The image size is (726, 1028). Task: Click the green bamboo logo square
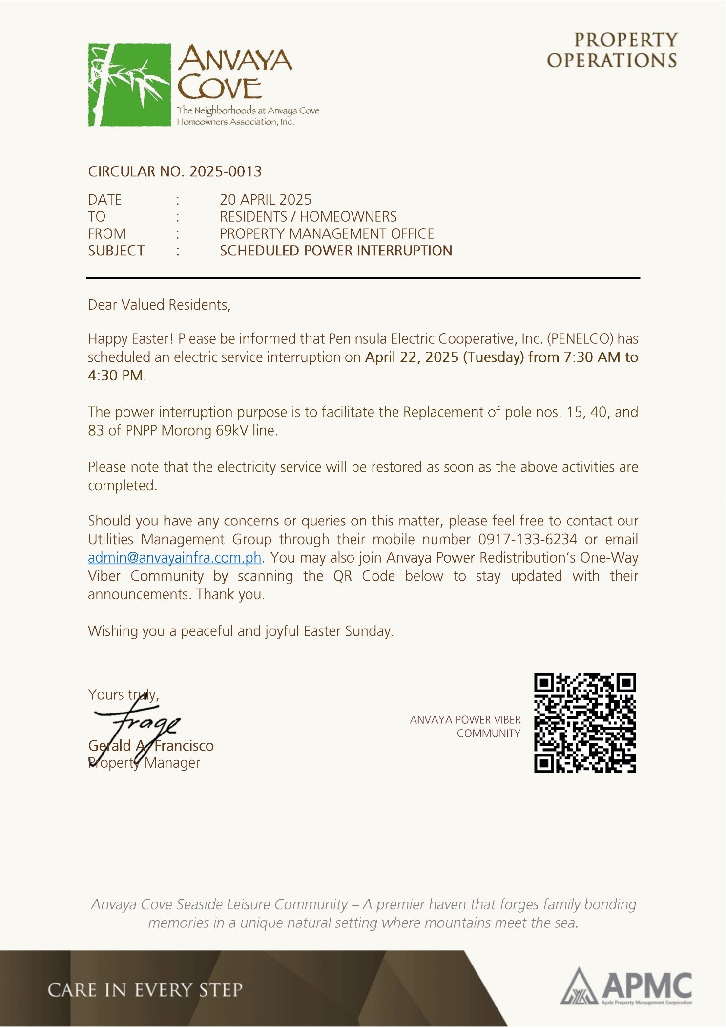pyautogui.click(x=129, y=85)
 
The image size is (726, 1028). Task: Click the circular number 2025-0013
pyautogui.click(x=225, y=171)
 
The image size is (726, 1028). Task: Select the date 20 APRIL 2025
pyautogui.click(x=265, y=200)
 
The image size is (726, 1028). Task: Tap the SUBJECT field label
pyautogui.click(x=116, y=251)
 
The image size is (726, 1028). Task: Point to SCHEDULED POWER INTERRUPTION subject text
pyautogui.click(x=335, y=251)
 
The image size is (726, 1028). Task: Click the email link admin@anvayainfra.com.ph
pyautogui.click(x=174, y=558)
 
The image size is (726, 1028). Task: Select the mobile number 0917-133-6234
pyautogui.click(x=527, y=539)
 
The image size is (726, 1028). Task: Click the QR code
pyautogui.click(x=584, y=723)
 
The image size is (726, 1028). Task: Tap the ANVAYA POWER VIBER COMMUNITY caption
pyautogui.click(x=465, y=727)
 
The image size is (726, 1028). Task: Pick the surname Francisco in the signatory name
pyautogui.click(x=184, y=746)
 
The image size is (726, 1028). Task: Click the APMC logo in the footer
pyautogui.click(x=626, y=987)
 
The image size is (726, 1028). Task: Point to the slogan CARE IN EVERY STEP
pyautogui.click(x=145, y=990)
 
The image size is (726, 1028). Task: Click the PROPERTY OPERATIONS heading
pyautogui.click(x=612, y=50)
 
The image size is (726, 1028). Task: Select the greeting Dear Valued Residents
pyautogui.click(x=159, y=305)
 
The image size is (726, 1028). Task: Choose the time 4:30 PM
pyautogui.click(x=116, y=376)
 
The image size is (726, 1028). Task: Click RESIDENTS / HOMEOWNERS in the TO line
pyautogui.click(x=308, y=217)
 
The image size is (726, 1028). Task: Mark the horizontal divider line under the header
pyautogui.click(x=363, y=278)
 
